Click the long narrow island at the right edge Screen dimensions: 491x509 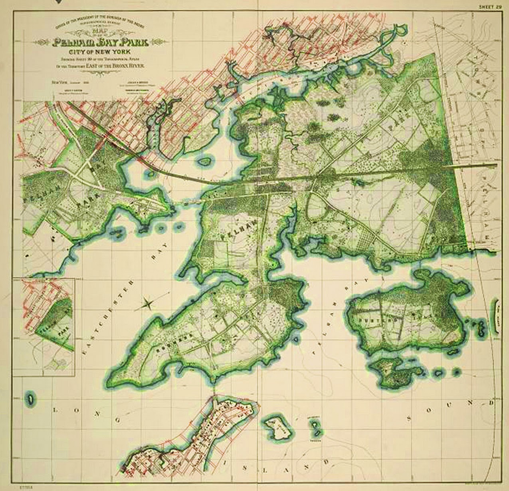[497, 314]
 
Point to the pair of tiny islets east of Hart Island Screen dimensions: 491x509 [315, 427]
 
